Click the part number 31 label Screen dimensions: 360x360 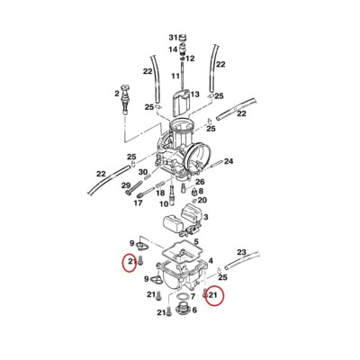tap(173, 38)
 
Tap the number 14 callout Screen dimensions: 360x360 tap(173, 49)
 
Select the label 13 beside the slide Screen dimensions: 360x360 tap(194, 94)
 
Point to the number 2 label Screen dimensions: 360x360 tap(117, 94)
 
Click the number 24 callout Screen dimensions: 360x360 tap(229, 161)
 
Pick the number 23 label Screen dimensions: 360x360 tap(241, 252)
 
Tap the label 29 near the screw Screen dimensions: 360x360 tap(126, 185)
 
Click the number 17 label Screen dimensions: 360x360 tap(138, 203)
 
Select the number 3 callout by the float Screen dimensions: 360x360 tap(206, 217)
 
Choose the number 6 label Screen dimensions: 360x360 tap(194, 310)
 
